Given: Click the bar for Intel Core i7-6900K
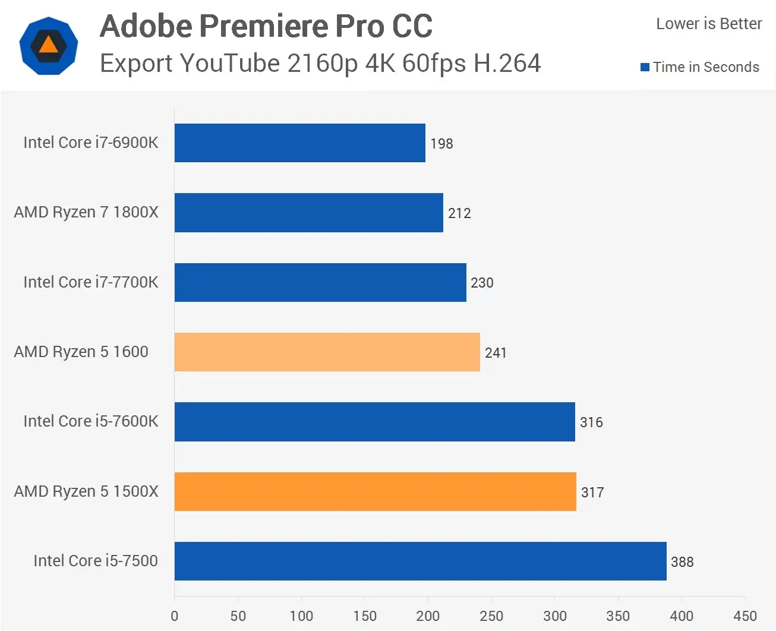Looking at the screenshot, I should point(299,143).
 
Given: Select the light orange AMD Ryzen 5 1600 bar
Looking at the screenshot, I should point(327,352).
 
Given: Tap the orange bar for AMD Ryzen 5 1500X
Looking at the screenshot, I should point(375,491).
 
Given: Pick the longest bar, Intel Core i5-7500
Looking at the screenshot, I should point(420,561).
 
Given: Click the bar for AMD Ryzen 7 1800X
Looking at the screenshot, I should point(308,212).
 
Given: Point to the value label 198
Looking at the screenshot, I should point(441,144).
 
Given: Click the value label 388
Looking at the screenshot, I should point(682,562).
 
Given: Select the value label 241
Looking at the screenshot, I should point(496,353).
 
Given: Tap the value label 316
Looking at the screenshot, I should point(591,422).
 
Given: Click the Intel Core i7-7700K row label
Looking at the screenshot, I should point(91,282).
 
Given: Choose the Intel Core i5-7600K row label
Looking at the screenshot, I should point(91,421).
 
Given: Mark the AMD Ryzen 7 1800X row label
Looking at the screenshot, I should point(86,212).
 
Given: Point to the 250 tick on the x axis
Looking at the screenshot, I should point(491,616).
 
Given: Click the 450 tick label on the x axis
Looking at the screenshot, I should point(745,616).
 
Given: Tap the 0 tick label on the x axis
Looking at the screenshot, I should point(175,616).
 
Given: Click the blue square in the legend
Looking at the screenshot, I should point(645,67).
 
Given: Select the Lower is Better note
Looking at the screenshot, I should point(708,24).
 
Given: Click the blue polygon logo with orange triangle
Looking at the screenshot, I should point(49,46).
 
